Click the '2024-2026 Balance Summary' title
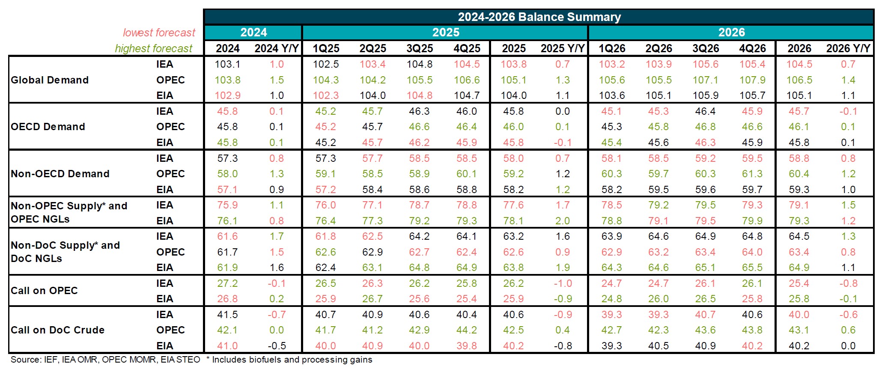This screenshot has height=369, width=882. pyautogui.click(x=539, y=17)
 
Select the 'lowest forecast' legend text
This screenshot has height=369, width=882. pyautogui.click(x=159, y=33)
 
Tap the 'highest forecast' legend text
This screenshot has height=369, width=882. pyautogui.click(x=154, y=49)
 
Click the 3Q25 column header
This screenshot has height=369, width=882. pyautogui.click(x=420, y=48)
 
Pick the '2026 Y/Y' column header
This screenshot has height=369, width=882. pyautogui.click(x=848, y=48)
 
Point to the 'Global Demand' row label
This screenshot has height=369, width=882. pyautogui.click(x=50, y=80)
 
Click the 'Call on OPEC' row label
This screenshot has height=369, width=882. pyautogui.click(x=44, y=291)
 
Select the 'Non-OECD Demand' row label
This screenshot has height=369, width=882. pyautogui.click(x=60, y=174)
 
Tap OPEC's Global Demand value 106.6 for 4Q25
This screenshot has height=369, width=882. pyautogui.click(x=466, y=80)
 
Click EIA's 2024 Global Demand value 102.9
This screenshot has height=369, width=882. pyautogui.click(x=227, y=95)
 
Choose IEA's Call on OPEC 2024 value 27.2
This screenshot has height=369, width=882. pyautogui.click(x=227, y=283)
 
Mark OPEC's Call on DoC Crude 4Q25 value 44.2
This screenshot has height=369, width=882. pyautogui.click(x=466, y=330)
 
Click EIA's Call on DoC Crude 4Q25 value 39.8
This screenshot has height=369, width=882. pyautogui.click(x=466, y=346)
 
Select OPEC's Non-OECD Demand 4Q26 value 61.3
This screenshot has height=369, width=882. pyautogui.click(x=752, y=174)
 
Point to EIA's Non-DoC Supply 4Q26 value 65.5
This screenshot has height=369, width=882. pyautogui.click(x=752, y=268)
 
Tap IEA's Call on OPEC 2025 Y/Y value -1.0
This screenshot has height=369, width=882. pyautogui.click(x=562, y=283)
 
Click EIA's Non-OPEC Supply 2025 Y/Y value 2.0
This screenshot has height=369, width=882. pyautogui.click(x=562, y=221)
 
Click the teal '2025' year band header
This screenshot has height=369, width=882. pyautogui.click(x=445, y=33)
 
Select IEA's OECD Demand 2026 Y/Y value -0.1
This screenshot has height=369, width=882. pyautogui.click(x=848, y=111)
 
